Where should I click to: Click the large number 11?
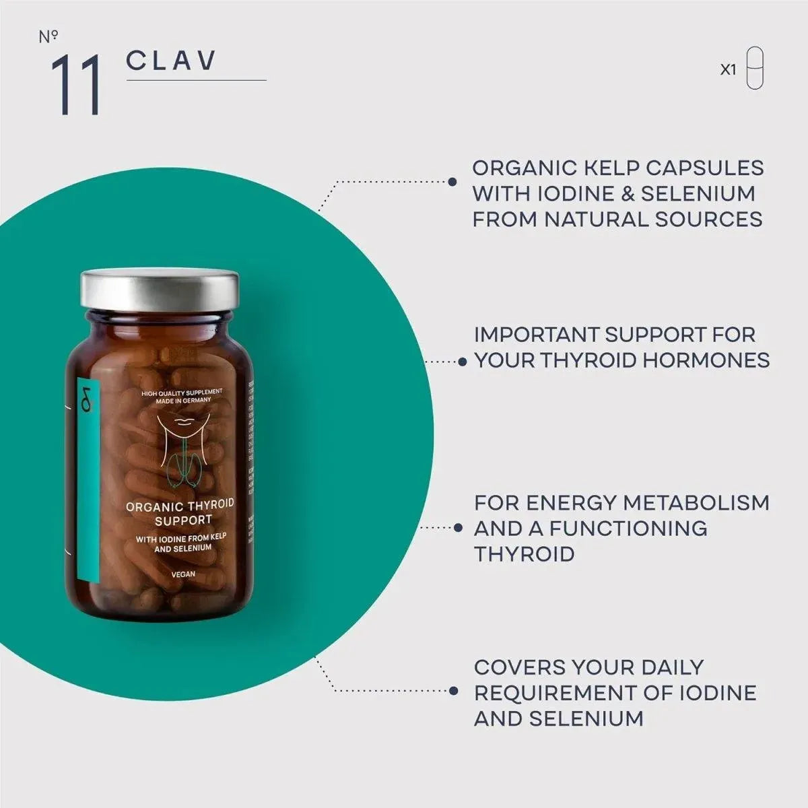(x=75, y=85)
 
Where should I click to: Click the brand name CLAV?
(x=171, y=60)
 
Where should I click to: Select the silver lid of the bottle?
(x=160, y=290)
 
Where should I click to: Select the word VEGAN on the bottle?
(x=183, y=574)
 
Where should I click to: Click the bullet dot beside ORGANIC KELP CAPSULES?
(x=452, y=182)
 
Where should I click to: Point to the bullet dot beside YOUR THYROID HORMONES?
(x=463, y=362)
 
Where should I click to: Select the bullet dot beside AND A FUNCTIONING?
(x=459, y=528)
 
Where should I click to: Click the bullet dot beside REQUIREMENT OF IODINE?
(x=454, y=691)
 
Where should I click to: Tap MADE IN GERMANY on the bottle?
(x=183, y=400)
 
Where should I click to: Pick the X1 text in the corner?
(x=728, y=69)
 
